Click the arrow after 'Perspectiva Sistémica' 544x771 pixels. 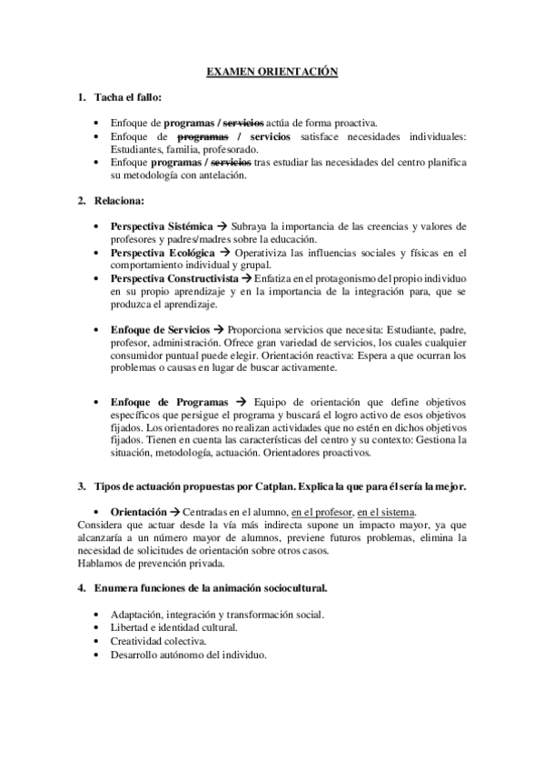point(221,225)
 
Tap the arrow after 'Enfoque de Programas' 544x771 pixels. point(241,401)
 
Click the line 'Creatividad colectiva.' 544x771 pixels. point(157,640)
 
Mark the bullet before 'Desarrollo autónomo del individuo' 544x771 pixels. point(98,654)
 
